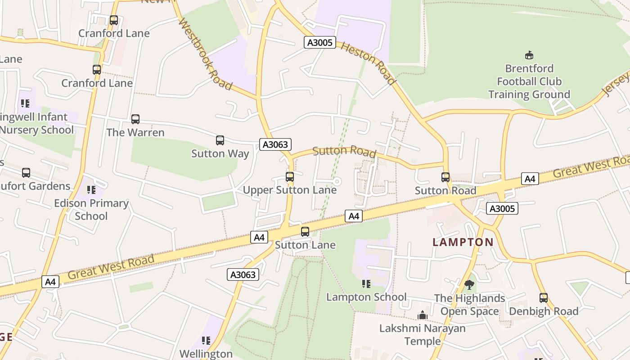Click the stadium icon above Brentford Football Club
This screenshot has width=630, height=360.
pyautogui.click(x=529, y=55)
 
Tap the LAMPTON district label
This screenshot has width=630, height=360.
pyautogui.click(x=463, y=242)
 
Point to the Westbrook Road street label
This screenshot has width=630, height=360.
pyautogui.click(x=206, y=54)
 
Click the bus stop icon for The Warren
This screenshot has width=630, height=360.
pyautogui.click(x=135, y=119)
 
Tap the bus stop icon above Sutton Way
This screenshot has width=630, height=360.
pyautogui.click(x=220, y=140)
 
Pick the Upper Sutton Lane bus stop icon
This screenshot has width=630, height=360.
pyautogui.click(x=290, y=177)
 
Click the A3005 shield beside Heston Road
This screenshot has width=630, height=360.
pyautogui.click(x=320, y=43)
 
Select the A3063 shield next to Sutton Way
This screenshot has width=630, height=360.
pyautogui.click(x=275, y=144)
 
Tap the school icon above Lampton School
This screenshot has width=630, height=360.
pyautogui.click(x=366, y=284)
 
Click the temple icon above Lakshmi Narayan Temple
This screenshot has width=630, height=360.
pyautogui.click(x=422, y=315)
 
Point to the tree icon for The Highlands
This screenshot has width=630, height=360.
pyautogui.click(x=469, y=285)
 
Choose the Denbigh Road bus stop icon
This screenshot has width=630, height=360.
pyautogui.click(x=544, y=298)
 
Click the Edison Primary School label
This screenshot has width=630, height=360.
pyautogui.click(x=91, y=210)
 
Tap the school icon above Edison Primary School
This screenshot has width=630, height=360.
pyautogui.click(x=91, y=190)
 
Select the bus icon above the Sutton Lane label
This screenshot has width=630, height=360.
pyautogui.click(x=305, y=232)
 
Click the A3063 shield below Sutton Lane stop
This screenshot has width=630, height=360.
pyautogui.click(x=243, y=274)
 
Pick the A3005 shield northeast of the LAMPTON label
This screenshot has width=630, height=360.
pyautogui.click(x=503, y=208)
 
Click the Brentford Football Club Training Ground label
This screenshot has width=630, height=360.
pyautogui.click(x=529, y=81)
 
